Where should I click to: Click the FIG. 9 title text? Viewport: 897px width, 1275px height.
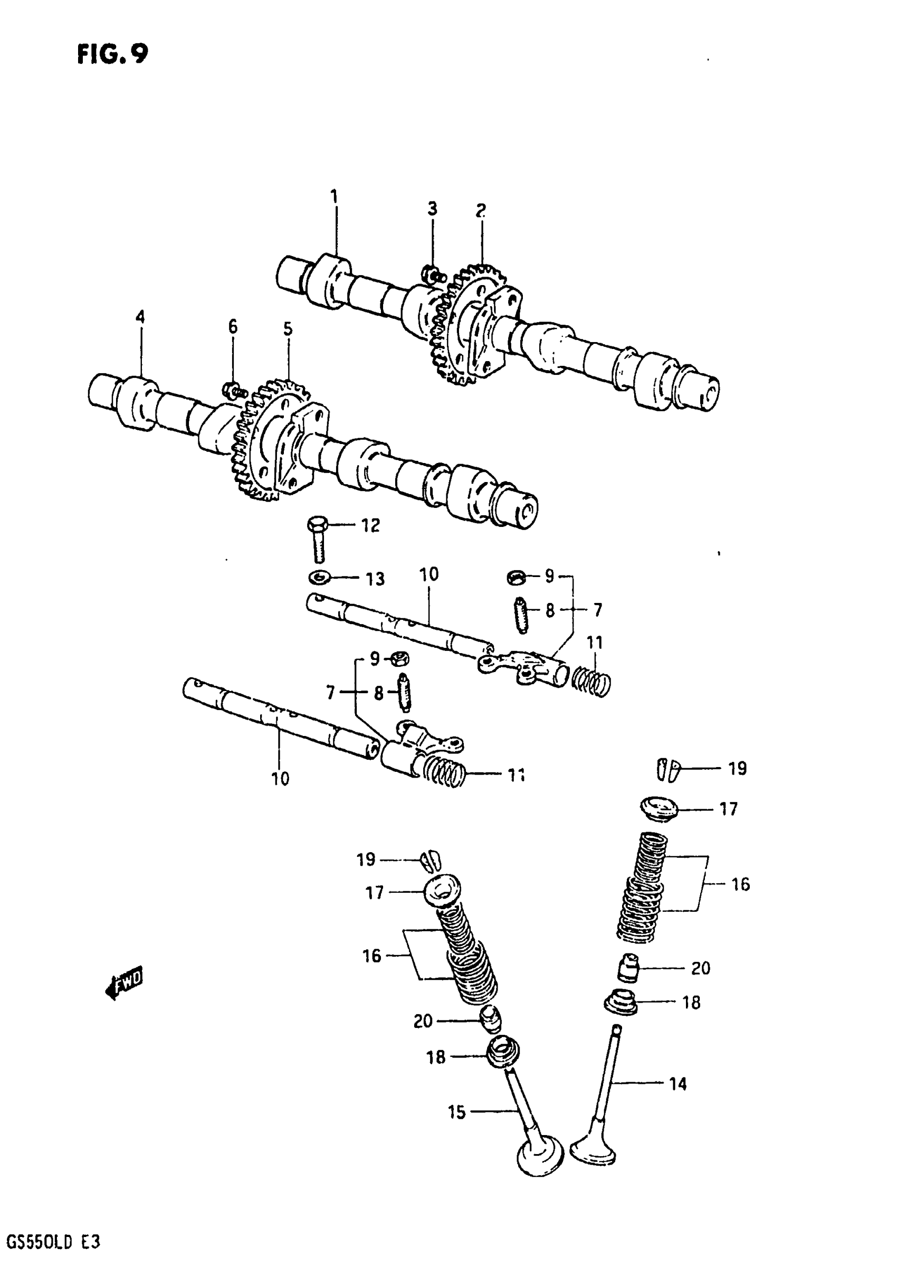pyautogui.click(x=113, y=54)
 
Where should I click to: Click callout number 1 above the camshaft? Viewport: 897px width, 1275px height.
pyautogui.click(x=333, y=196)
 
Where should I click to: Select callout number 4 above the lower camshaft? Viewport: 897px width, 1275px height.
pyautogui.click(x=140, y=318)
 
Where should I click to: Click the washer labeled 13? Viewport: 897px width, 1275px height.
pyautogui.click(x=319, y=578)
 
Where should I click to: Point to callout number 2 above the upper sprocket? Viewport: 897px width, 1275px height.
pyautogui.click(x=481, y=210)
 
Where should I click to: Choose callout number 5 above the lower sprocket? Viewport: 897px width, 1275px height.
pyautogui.click(x=288, y=329)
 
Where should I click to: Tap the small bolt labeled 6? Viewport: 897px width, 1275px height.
pyautogui.click(x=233, y=390)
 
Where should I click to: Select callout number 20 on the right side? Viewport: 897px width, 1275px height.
pyautogui.click(x=701, y=968)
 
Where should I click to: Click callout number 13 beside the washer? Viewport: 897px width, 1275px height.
pyautogui.click(x=375, y=579)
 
